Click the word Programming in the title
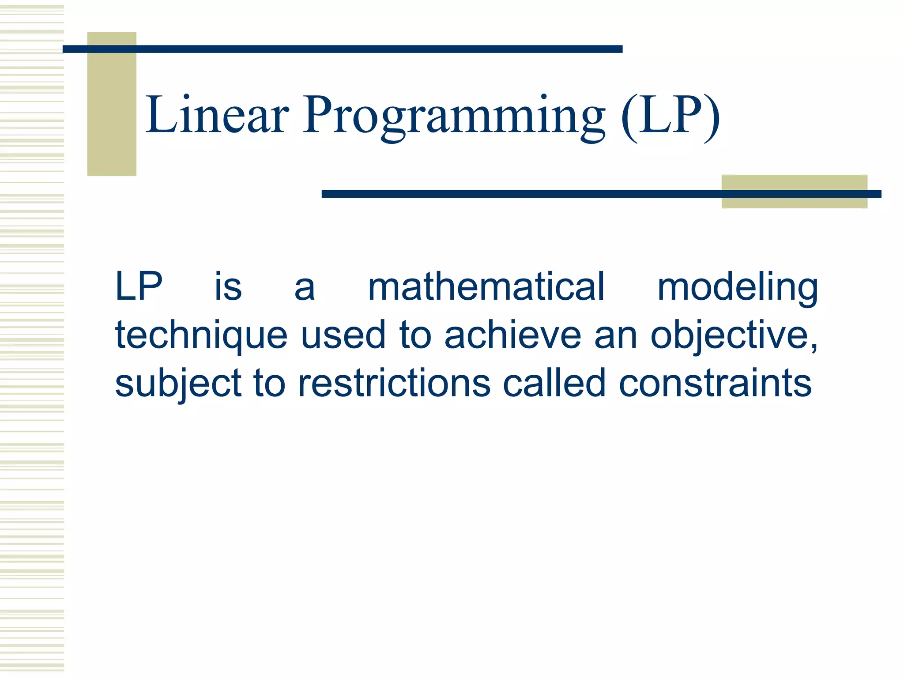pos(454,116)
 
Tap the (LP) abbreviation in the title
pos(670,116)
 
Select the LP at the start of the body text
pos(139,287)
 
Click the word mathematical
pos(486,287)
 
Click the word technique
pos(201,335)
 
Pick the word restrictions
pos(394,383)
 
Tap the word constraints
pos(715,383)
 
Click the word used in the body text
pos(343,335)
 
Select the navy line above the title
pos(342,49)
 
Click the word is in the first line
pos(228,287)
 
